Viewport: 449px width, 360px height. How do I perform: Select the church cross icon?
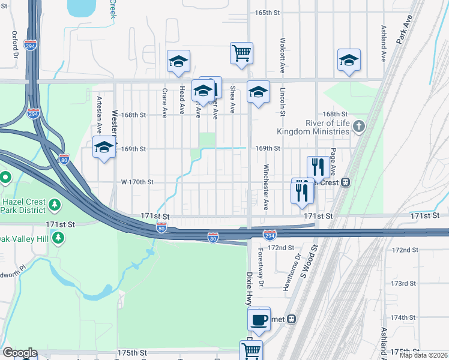point(359,126)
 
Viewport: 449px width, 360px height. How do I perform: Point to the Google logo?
point(19,353)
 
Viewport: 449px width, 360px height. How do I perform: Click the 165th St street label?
point(268,13)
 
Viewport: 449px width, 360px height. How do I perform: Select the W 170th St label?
point(137,181)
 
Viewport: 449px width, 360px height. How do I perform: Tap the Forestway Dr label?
point(261,267)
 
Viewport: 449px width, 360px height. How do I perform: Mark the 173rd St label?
point(403,283)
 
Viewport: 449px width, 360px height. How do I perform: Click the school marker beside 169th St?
point(104,146)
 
